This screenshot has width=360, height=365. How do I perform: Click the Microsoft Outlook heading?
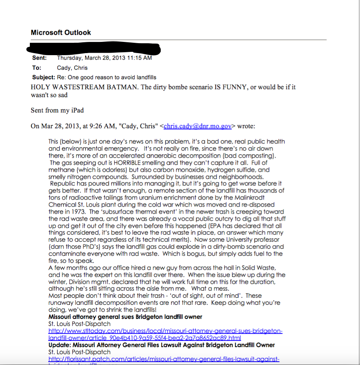pyautogui.click(x=61, y=32)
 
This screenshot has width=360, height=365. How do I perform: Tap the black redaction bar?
pyautogui.click(x=96, y=49)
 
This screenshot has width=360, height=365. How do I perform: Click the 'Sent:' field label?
pyautogui.click(x=39, y=58)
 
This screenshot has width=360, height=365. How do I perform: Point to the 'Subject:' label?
pyautogui.click(x=44, y=77)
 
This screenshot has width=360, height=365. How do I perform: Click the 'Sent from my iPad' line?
pyautogui.click(x=57, y=110)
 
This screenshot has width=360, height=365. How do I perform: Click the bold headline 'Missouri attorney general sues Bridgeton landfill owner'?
pyautogui.click(x=125, y=317)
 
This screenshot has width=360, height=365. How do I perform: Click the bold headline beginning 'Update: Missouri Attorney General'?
pyautogui.click(x=162, y=345)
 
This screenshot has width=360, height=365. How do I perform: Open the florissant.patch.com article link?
pyautogui.click(x=164, y=359)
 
